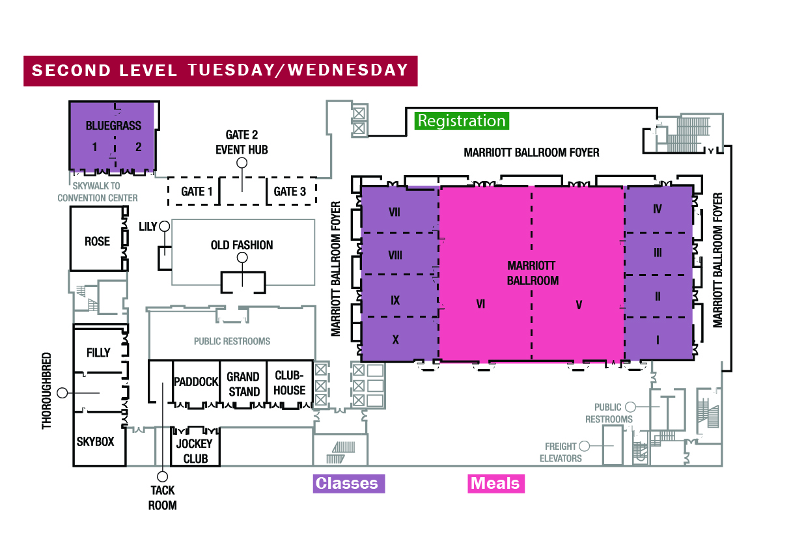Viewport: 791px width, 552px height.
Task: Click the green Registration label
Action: point(462,121)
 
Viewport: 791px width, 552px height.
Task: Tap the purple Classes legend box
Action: point(346,484)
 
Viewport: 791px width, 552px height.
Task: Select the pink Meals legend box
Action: point(495,484)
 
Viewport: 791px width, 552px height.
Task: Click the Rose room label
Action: point(97,241)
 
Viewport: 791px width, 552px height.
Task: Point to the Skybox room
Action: point(95,441)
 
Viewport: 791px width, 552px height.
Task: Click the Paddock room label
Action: point(195,382)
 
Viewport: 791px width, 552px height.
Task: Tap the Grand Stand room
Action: point(243,384)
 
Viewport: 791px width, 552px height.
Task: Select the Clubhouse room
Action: point(289,383)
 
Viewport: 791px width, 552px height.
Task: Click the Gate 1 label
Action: point(197,191)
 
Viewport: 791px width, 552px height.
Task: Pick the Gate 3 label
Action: point(290,191)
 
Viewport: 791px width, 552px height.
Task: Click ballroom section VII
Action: point(395,212)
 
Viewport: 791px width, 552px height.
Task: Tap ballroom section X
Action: point(395,339)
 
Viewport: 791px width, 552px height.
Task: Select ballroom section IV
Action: point(658,209)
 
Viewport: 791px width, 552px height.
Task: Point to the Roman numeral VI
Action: point(481,303)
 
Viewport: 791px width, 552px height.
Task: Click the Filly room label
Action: point(98,353)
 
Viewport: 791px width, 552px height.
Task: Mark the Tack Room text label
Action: point(162,498)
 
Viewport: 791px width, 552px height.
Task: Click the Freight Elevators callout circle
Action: point(584,446)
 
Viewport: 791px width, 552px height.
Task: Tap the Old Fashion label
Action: point(242,245)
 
